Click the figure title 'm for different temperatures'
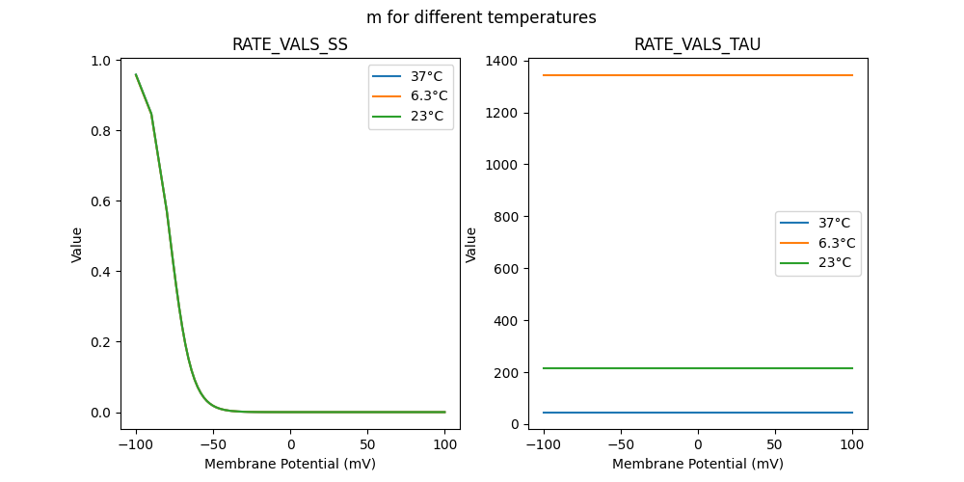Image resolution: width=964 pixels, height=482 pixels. coord(481,17)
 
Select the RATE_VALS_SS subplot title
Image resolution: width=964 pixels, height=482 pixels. coord(290,45)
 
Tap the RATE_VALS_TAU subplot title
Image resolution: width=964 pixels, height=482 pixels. coord(698,45)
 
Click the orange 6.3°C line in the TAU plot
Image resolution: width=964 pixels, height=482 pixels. coord(698,75)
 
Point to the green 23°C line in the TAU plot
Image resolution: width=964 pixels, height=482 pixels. coord(698,368)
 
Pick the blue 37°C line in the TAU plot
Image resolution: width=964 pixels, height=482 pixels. coord(698,413)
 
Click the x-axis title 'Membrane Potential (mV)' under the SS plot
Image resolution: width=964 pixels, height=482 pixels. coord(290,464)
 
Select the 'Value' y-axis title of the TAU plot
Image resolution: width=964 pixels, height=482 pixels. coord(471,245)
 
